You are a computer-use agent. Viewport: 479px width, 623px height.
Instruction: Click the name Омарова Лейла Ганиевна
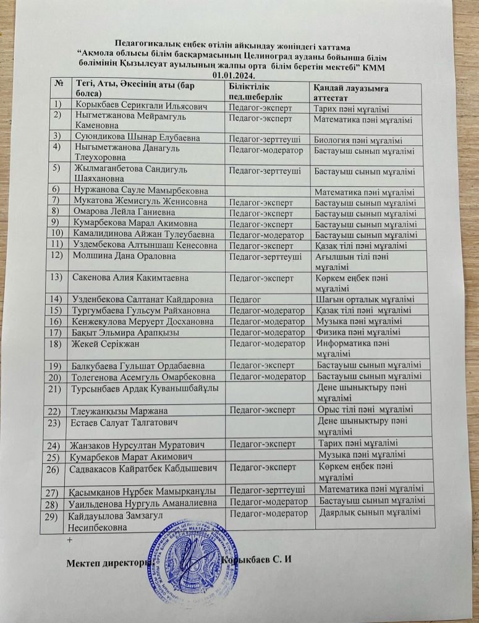[x=124, y=212]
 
